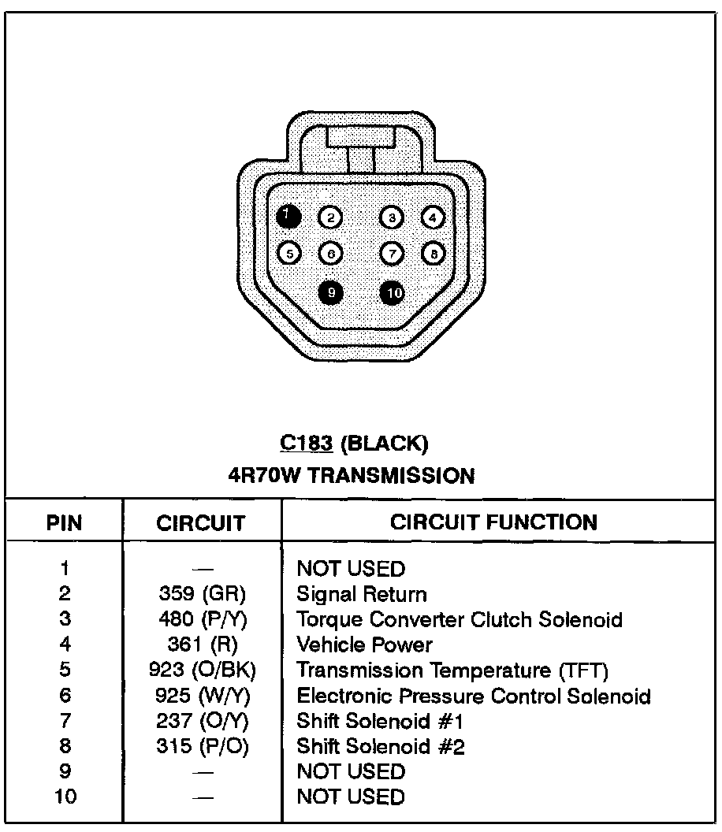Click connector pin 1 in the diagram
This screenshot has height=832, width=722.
tap(289, 215)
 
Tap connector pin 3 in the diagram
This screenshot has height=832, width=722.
tap(392, 217)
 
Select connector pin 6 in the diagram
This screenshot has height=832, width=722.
tap(330, 253)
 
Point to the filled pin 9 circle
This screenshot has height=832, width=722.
tap(331, 292)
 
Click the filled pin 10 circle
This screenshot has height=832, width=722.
tap(393, 293)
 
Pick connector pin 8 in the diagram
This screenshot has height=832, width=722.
tap(434, 253)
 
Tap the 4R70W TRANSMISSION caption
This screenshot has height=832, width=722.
tap(351, 476)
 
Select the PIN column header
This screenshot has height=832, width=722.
tap(65, 522)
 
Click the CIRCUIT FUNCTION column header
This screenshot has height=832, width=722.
tap(493, 522)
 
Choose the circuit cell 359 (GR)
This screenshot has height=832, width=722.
tap(203, 594)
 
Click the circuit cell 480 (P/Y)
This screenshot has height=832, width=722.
tap(203, 619)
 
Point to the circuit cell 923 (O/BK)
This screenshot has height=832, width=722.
tap(203, 670)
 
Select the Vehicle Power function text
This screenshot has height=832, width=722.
tap(364, 645)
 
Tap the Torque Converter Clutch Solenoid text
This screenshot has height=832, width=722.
tap(459, 619)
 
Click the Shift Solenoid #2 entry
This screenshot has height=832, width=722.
tap(380, 746)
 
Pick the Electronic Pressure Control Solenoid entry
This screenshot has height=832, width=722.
tap(473, 696)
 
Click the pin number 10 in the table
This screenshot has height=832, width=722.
tap(65, 797)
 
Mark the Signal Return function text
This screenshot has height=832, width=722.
tap(361, 594)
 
